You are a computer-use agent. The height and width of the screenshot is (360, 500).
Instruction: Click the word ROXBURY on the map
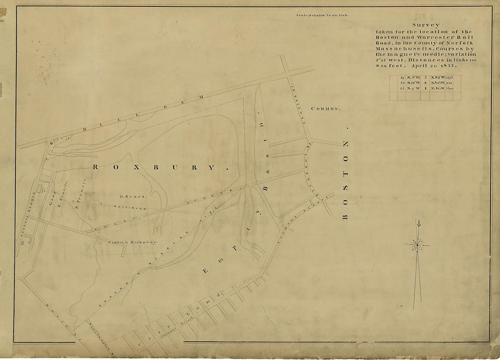pos(154,167)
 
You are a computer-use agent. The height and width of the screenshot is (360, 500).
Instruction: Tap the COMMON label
pos(325,109)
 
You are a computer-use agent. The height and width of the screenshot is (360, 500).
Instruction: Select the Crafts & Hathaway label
pos(133,242)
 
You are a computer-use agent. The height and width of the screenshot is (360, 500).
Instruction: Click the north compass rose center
pos(417,245)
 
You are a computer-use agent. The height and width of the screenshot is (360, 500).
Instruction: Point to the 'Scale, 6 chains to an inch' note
pos(322,15)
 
